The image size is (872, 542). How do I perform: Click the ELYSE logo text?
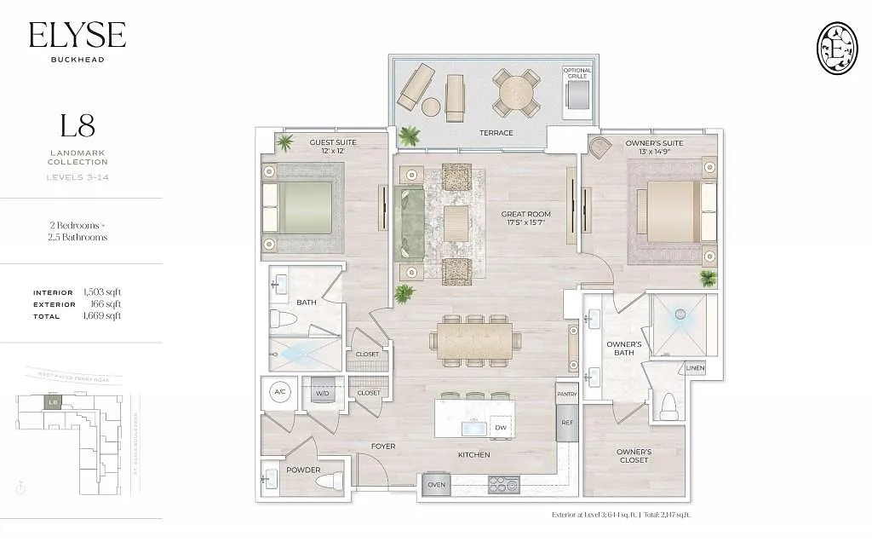pos(77,35)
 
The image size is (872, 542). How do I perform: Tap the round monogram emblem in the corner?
pos(836,47)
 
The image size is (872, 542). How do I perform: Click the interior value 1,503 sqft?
pos(102,292)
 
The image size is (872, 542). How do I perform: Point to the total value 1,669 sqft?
pos(102,316)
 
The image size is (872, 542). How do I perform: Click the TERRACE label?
pos(496,133)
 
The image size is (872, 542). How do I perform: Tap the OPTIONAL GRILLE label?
pos(577,73)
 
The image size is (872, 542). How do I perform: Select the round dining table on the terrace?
pos(517,91)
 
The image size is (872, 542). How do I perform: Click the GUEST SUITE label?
pos(333,142)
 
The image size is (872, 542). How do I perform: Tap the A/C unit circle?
pos(280,392)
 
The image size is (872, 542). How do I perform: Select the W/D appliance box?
pos(323,392)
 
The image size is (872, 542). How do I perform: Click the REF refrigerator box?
pos(566,423)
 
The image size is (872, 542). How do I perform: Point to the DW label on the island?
pos(501,426)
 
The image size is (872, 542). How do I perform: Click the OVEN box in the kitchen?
pos(436,485)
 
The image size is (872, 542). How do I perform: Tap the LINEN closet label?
pos(695,368)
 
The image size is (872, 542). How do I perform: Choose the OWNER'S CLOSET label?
pos(634,456)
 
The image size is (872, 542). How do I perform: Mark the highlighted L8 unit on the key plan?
pos(53,401)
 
